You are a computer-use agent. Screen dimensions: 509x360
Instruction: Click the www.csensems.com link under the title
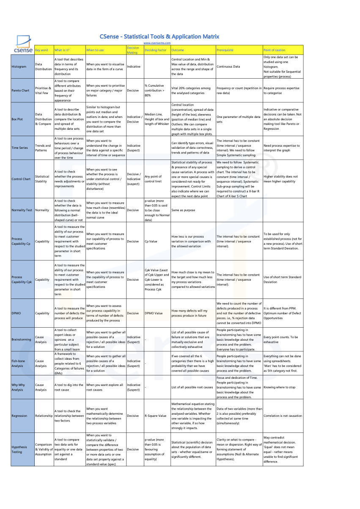coord(157,43)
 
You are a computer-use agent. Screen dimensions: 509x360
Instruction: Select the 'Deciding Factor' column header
coord(155,50)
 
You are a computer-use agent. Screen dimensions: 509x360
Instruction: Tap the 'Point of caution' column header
coord(274,50)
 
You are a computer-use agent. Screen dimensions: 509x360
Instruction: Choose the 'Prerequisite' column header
coord(225,50)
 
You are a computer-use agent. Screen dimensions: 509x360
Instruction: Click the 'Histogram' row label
coord(19,66)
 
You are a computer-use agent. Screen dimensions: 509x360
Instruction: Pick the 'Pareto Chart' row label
coord(20,90)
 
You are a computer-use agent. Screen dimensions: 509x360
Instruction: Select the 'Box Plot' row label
coord(17,119)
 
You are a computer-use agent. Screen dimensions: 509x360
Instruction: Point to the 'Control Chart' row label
coord(21,179)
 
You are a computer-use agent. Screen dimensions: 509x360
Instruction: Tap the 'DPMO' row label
coord(16,313)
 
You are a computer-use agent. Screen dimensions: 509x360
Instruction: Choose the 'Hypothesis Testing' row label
coord(19,449)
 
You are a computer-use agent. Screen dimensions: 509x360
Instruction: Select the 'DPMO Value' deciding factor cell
coord(154,313)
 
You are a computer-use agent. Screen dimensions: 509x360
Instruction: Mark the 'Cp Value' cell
coord(151,241)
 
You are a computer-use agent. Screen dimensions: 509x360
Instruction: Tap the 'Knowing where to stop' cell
coord(279,387)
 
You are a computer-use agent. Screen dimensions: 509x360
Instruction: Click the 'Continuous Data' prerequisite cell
coord(228,66)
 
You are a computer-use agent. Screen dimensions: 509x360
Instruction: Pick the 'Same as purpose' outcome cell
coord(184,210)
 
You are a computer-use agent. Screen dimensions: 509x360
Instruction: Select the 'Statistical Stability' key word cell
coord(42,179)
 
